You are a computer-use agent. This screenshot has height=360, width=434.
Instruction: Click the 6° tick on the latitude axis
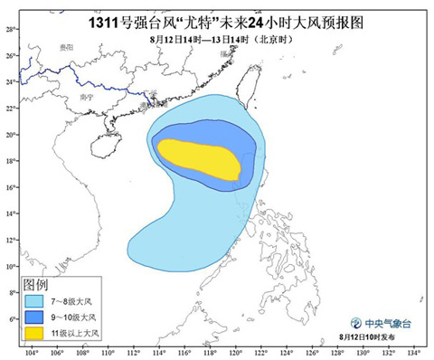tap(10, 319)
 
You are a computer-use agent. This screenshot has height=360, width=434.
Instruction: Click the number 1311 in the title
tap(108, 18)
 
